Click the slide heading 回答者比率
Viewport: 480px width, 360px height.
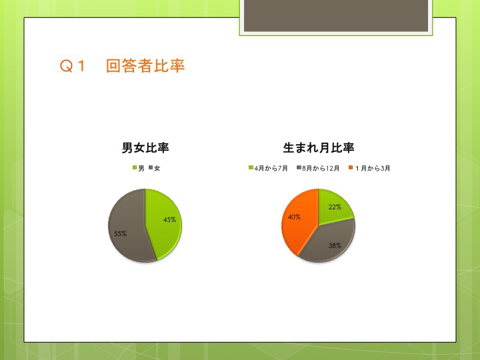[145, 66]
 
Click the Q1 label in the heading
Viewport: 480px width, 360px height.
[72, 66]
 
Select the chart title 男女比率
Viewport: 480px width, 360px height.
[145, 147]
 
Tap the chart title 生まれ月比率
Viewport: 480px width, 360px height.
[319, 147]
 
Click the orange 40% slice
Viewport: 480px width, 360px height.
[299, 221]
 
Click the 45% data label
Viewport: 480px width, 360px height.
[169, 219]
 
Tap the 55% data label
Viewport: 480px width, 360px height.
[120, 233]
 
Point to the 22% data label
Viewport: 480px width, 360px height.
[335, 207]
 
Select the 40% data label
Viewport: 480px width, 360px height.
[294, 217]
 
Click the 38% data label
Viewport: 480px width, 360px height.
[335, 245]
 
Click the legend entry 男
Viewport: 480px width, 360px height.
[139, 168]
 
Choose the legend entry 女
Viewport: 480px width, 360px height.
[154, 168]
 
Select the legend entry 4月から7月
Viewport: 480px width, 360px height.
[268, 168]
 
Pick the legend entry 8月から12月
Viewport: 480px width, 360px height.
[318, 168]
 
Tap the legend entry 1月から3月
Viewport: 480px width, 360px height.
[369, 168]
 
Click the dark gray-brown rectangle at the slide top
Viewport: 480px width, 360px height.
[336, 15]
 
